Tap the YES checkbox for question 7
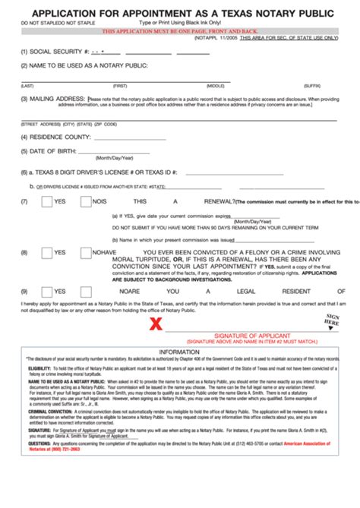(47, 201)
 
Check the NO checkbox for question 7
(86, 201)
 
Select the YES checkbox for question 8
(47, 253)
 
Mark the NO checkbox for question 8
(86, 253)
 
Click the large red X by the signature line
(156, 324)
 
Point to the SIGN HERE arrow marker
(331, 320)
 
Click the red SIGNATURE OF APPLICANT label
(242, 335)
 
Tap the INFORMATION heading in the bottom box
(179, 352)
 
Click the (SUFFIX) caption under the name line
(312, 86)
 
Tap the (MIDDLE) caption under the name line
(216, 86)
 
